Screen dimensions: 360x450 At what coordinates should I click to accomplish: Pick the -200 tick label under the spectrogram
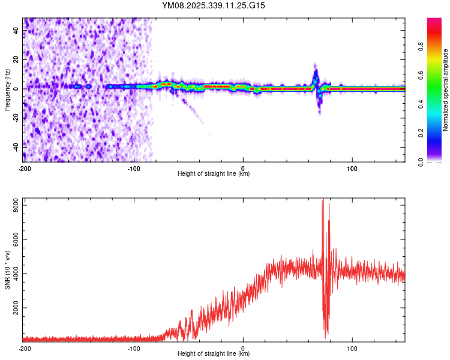[x=25, y=167]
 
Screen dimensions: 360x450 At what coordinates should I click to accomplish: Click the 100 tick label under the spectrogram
[x=352, y=167]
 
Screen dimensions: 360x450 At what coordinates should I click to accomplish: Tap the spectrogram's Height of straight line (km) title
[x=214, y=174]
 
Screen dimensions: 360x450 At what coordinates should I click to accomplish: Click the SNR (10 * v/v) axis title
[x=8, y=270]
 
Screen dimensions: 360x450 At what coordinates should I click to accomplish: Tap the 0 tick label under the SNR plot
[x=243, y=347]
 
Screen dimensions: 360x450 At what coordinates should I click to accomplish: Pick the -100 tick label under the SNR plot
[x=134, y=347]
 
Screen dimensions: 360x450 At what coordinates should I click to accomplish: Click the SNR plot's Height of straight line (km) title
[x=214, y=354]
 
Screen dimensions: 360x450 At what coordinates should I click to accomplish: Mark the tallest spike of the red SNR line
[x=322, y=202]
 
